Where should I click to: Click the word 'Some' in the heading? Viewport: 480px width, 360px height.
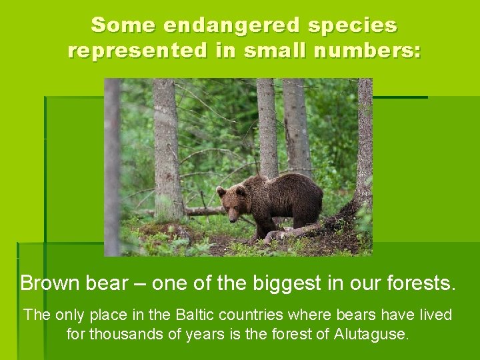point(117,25)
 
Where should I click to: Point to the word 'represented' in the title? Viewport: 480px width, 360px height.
point(137,51)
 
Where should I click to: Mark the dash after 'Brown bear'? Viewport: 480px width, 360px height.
point(140,283)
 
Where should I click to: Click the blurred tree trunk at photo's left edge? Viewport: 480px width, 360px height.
point(112,167)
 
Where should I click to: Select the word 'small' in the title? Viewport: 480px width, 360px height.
point(257,51)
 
